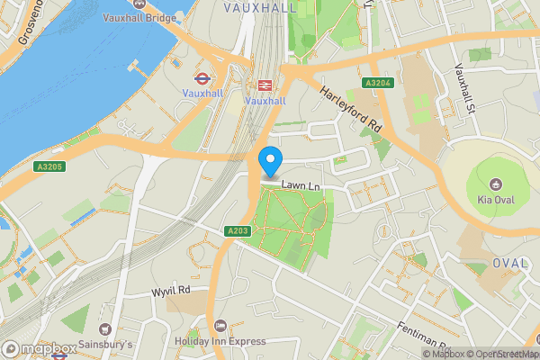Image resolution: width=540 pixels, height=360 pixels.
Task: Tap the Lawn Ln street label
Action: tap(301, 185)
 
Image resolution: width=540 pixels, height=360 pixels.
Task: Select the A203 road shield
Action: tap(238, 231)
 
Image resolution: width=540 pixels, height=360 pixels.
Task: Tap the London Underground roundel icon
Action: tap(202, 76)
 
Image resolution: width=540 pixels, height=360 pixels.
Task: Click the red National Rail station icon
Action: tap(265, 85)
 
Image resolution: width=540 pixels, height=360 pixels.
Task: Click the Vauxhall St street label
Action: tap(464, 88)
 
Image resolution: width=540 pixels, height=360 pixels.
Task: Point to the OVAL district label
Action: tap(510, 263)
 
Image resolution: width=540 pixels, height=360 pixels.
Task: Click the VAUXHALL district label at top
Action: tap(259, 6)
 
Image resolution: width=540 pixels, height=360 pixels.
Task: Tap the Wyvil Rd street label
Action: tap(171, 291)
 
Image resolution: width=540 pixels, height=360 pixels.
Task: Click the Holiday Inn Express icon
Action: tap(220, 325)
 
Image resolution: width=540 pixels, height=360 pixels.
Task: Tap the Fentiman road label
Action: tap(425, 337)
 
